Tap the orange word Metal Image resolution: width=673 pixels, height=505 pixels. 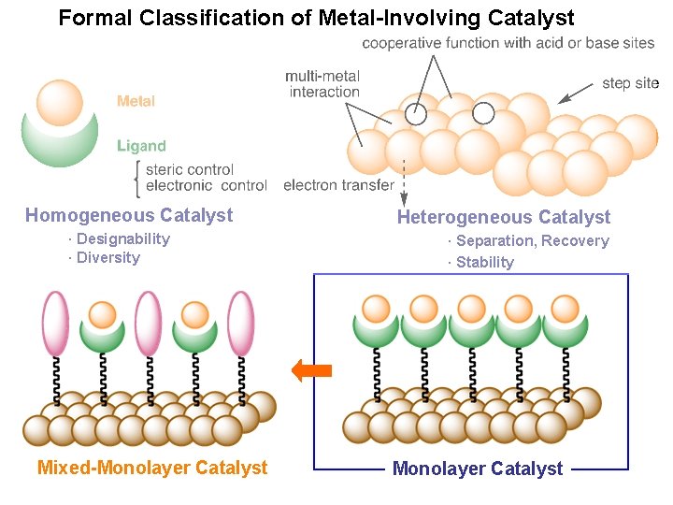click(136, 101)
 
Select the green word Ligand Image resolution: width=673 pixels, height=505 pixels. click(141, 146)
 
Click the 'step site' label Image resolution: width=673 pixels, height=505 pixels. click(630, 83)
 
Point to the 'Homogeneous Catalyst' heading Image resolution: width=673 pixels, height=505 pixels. click(129, 216)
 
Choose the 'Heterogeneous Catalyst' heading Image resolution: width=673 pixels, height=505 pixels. click(503, 218)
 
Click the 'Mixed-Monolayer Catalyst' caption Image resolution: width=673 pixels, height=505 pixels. click(152, 468)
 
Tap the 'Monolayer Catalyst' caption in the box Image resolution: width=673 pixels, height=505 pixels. click(478, 469)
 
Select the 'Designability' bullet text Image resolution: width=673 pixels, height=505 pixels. click(122, 239)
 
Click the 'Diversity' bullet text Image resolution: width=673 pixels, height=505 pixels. click(107, 258)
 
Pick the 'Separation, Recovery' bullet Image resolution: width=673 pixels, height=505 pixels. click(532, 241)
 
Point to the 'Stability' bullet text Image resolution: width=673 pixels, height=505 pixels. click(484, 263)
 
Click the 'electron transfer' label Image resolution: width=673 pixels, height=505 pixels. click(338, 185)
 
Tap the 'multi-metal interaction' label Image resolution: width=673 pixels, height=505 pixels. click(323, 83)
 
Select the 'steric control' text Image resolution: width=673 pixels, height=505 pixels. click(190, 169)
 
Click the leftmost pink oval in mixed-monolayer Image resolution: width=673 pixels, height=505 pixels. click(56, 323)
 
